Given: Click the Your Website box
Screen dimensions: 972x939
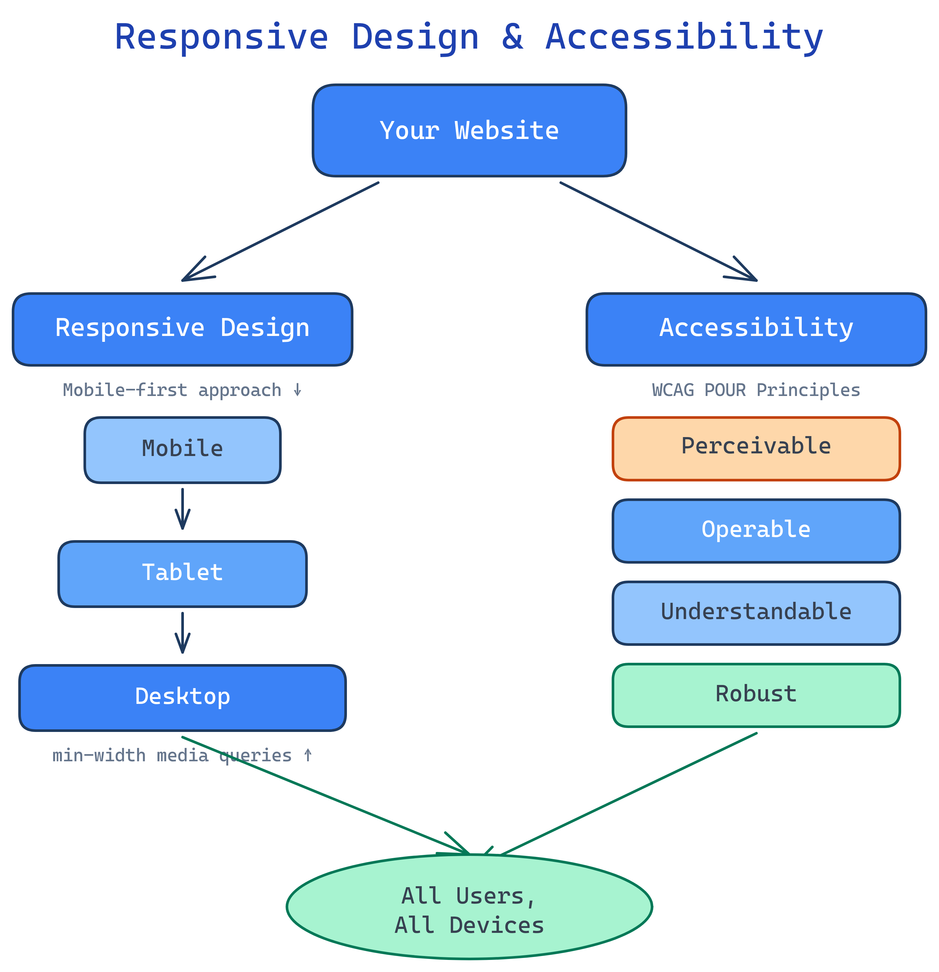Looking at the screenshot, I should pos(469,130).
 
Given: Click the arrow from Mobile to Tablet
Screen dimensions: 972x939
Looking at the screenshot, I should pos(183,509).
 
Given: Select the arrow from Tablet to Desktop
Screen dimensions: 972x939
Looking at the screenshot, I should pos(183,633).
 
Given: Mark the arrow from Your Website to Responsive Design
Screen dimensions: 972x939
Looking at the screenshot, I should pos(281,232).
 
